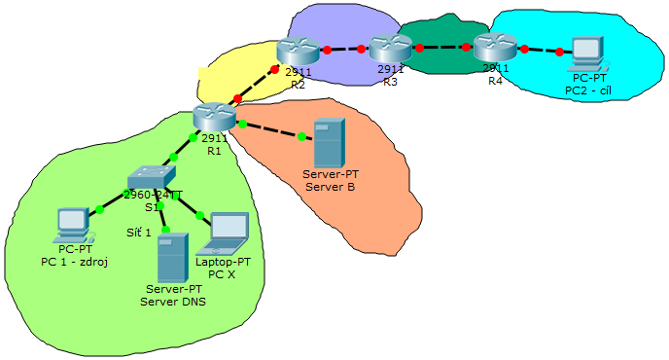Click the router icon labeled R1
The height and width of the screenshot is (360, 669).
coord(214,117)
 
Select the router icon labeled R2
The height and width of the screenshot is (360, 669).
coord(297,50)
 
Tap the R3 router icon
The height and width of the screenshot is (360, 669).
coord(390,47)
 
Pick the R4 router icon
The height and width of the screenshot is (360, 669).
coord(495,47)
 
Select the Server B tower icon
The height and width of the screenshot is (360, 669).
coord(330,142)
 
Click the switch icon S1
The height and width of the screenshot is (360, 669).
coord(152,177)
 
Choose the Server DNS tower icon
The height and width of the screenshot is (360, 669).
coord(173,257)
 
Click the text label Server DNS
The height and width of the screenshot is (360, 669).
coord(173,302)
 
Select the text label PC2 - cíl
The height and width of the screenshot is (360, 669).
coord(588,90)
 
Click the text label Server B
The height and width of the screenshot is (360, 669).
coord(331,186)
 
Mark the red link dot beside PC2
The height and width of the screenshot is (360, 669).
coord(560,52)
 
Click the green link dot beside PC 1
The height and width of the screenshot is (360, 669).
coord(99,209)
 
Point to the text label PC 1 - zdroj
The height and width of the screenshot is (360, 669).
coord(74,262)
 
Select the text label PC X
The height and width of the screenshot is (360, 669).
coord(223,274)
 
